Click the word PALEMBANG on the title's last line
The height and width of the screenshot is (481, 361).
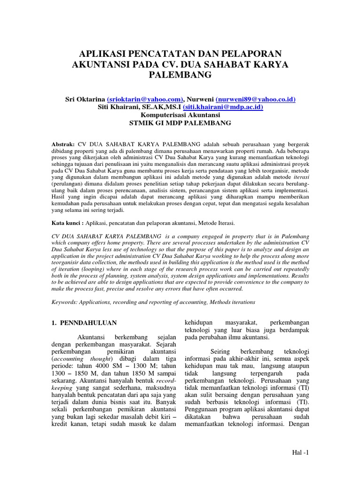[180, 75]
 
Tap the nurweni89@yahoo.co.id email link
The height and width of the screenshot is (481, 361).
[256, 99]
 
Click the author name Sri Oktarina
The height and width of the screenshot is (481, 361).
[85, 99]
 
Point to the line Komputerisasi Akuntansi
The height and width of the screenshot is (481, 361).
[180, 114]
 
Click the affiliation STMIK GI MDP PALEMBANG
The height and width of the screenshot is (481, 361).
[180, 122]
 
